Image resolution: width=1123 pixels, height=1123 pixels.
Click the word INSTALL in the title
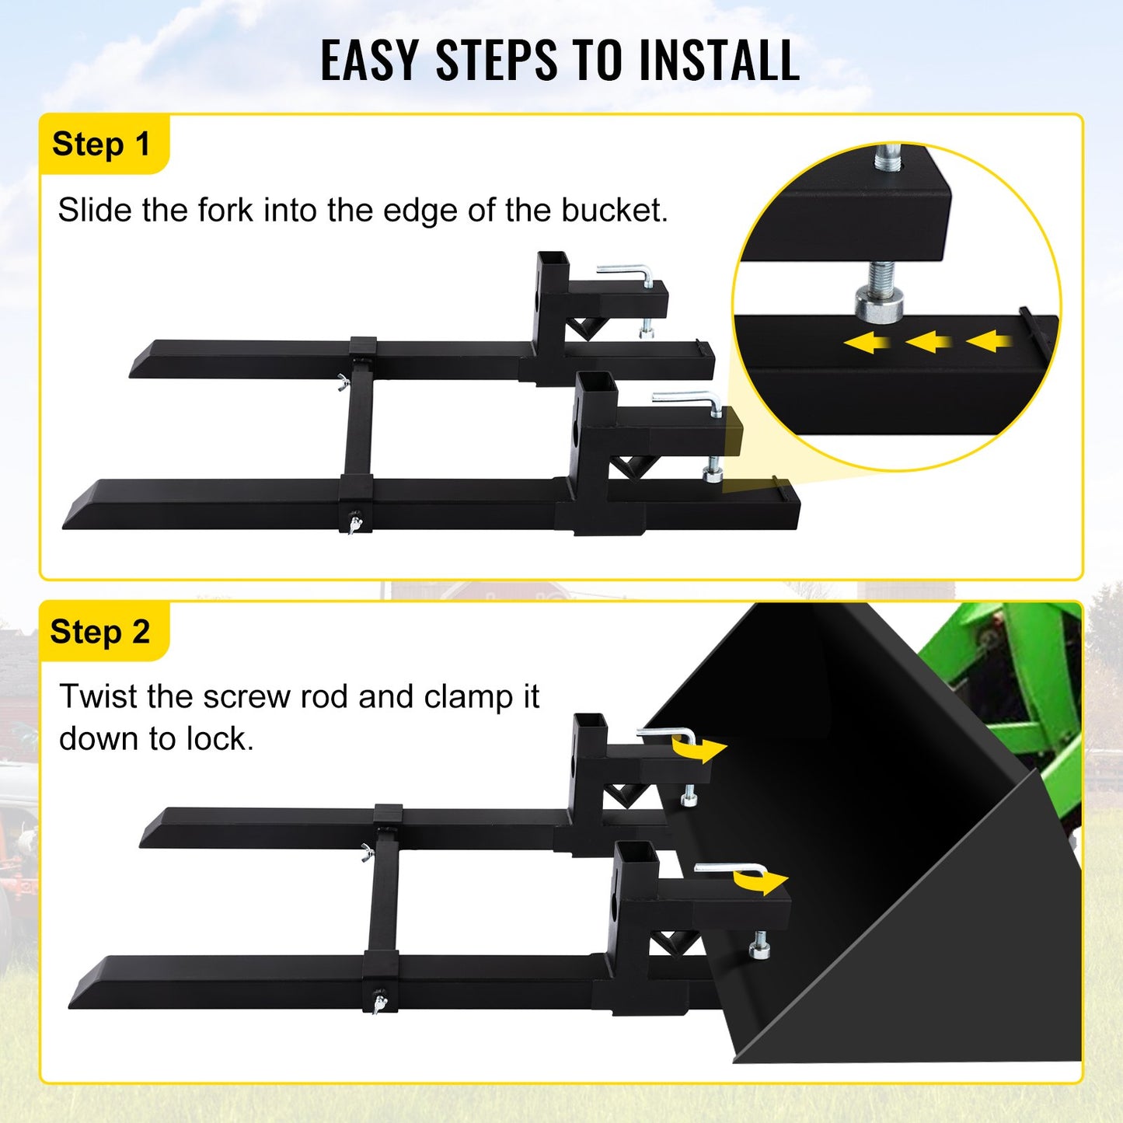point(719,61)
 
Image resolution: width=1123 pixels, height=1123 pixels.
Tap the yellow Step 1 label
point(101,145)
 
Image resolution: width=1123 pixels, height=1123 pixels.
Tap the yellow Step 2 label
point(100,632)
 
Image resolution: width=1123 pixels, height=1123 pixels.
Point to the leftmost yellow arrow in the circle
point(867,342)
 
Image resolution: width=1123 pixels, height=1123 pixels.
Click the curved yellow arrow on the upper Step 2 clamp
point(699,749)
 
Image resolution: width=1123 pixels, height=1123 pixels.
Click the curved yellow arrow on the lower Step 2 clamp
point(760,881)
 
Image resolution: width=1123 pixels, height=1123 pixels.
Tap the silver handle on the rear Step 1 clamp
point(626,273)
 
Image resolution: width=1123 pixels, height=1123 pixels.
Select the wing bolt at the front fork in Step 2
point(379,1002)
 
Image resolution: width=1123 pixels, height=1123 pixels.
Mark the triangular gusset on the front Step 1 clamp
point(625,466)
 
